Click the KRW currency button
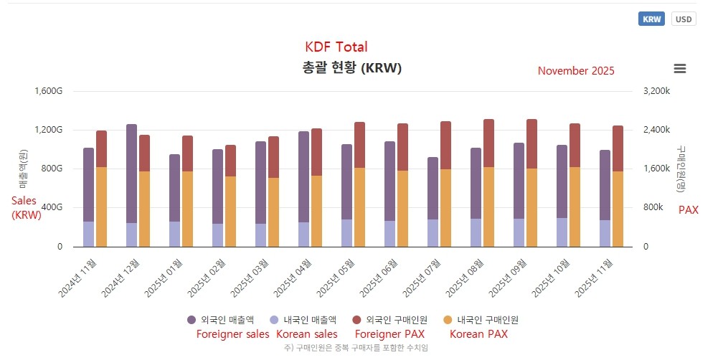(651, 19)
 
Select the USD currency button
(684, 19)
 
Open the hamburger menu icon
(680, 69)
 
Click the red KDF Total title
(336, 47)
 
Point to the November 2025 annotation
(575, 71)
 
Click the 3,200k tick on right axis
(656, 91)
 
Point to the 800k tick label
(653, 208)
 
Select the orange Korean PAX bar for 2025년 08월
(488, 207)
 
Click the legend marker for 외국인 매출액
(192, 320)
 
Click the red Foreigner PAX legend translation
(390, 333)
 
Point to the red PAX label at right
(688, 210)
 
